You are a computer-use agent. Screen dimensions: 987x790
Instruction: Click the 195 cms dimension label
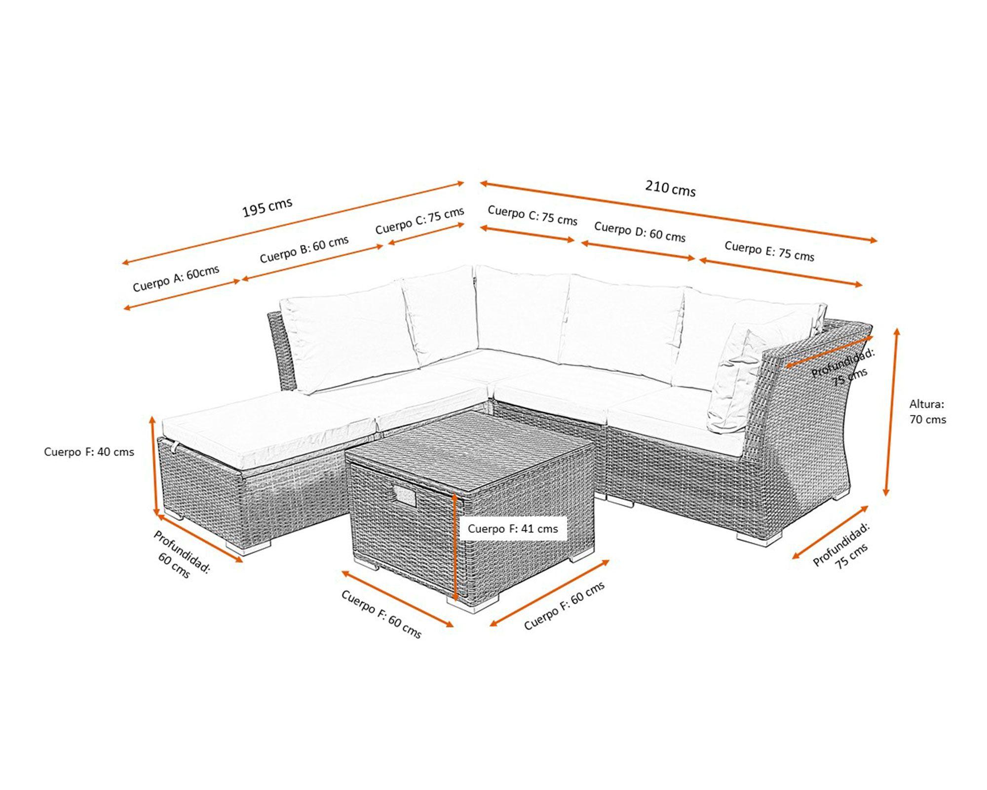point(267,207)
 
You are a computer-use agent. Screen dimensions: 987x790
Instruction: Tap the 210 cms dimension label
point(671,188)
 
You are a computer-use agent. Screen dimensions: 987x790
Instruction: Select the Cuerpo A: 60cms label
point(176,278)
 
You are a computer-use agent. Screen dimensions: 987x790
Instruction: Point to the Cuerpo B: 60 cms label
point(304,249)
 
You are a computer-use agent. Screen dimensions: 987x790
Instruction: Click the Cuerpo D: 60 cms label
point(640,232)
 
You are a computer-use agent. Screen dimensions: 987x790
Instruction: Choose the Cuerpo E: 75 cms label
point(769,251)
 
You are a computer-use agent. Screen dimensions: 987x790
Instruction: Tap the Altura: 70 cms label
point(928,412)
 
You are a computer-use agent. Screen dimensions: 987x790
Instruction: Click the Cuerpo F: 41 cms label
point(513,529)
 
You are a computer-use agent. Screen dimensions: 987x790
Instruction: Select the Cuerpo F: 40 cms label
point(89,452)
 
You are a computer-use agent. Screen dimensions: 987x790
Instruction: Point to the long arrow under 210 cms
point(679,212)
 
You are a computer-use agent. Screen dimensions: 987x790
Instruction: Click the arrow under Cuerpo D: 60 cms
point(638,250)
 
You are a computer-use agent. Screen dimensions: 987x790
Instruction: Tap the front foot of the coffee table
point(473,604)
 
